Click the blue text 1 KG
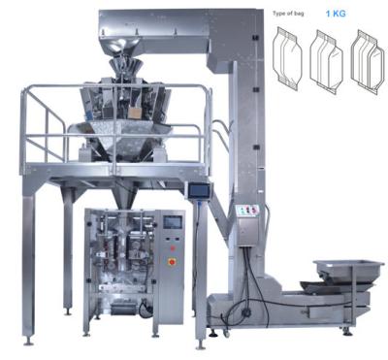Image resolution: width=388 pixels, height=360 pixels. tap(336, 14)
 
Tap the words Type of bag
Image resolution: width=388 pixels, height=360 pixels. tap(288, 14)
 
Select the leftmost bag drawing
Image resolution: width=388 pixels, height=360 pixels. tap(287, 58)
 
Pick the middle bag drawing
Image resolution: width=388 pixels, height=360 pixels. tap(326, 62)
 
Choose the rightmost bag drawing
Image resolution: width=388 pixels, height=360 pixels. tap(368, 61)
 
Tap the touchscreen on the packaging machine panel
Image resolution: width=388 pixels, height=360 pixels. tap(173, 222)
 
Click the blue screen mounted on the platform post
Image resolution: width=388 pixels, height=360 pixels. tap(199, 191)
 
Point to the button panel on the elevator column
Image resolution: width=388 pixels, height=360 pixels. tap(247, 211)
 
